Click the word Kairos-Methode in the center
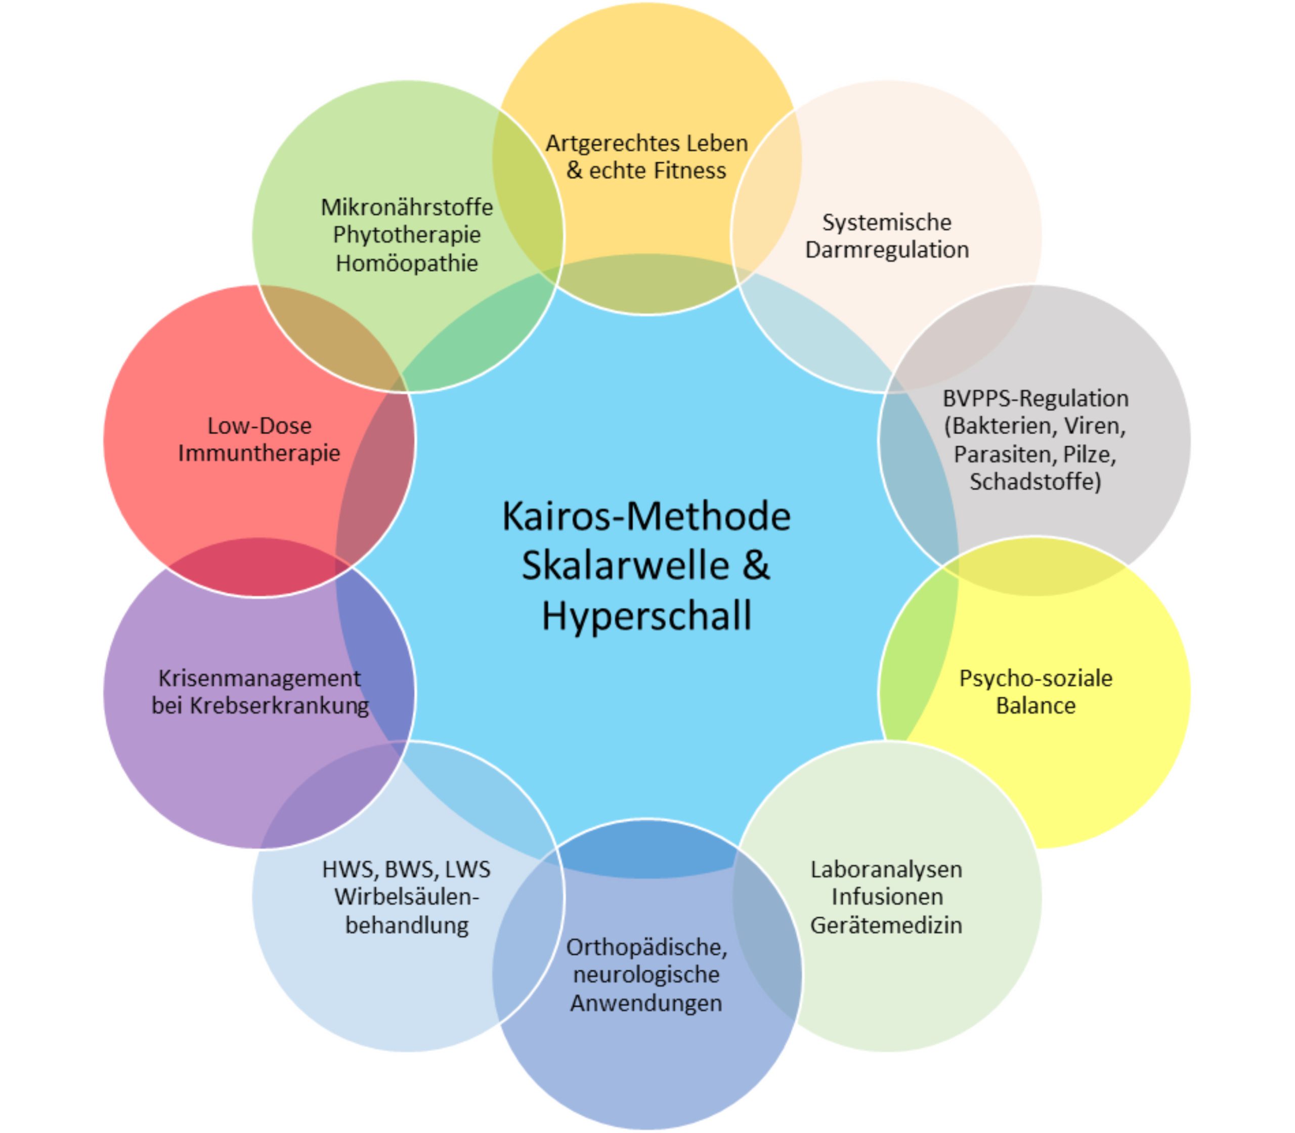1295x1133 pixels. coord(646,517)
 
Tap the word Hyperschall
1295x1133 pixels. coord(646,616)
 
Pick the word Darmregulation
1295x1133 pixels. coord(887,250)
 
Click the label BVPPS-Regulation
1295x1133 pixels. coord(1035,399)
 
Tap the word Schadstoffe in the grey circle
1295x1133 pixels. coord(1033,482)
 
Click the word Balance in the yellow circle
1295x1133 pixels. coord(1035,705)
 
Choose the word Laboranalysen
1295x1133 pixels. coord(886,870)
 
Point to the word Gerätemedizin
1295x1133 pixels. coord(886,926)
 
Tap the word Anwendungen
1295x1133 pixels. coord(646,1003)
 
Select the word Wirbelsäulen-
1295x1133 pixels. coord(406,897)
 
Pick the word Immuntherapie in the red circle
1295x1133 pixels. coord(259,453)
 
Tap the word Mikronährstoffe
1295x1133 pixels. coord(406,207)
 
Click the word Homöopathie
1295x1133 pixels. coord(406,263)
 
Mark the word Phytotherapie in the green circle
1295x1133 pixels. coord(406,235)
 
